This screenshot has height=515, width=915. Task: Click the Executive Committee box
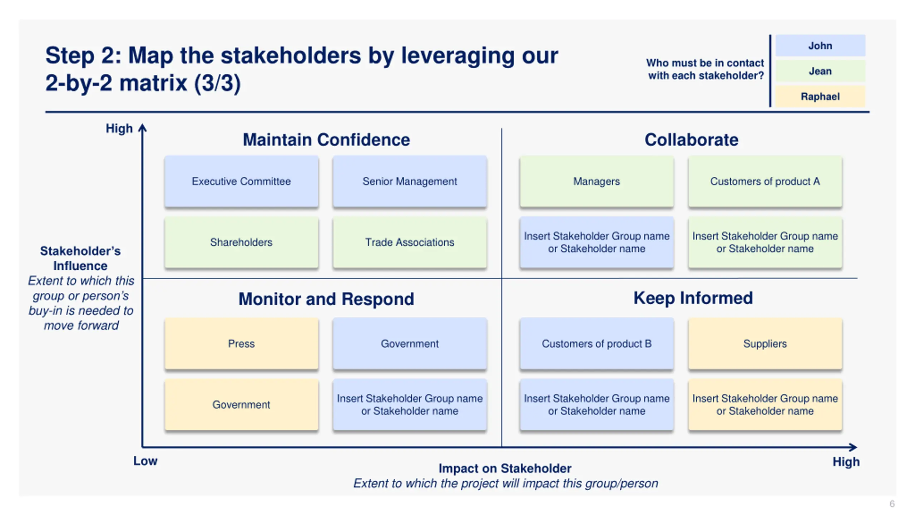[241, 181]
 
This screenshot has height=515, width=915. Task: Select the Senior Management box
[410, 181]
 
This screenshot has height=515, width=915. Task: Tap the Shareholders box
[241, 242]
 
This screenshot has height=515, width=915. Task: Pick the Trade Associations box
[410, 242]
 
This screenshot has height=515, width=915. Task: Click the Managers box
[597, 181]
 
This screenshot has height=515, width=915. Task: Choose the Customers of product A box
[765, 181]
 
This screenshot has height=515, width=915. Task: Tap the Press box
[241, 344]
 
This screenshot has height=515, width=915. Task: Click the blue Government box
[410, 344]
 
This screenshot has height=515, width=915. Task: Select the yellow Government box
[241, 404]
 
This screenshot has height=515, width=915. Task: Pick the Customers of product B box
[597, 344]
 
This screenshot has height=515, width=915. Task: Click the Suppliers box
[765, 344]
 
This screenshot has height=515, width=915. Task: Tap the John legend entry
[820, 46]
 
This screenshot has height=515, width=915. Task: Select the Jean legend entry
[820, 71]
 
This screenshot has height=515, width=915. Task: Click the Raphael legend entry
[820, 97]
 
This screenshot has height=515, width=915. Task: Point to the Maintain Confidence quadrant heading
[326, 139]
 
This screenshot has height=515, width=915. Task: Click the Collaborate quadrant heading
[691, 139]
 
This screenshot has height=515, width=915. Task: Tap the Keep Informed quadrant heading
[693, 298]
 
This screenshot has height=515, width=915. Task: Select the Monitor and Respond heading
[326, 299]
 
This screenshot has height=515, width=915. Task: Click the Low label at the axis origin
[145, 461]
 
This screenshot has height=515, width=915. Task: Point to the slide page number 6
[892, 504]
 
